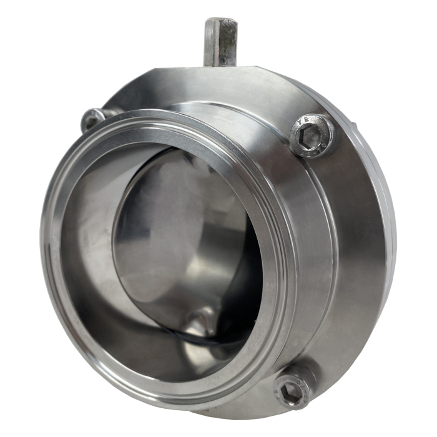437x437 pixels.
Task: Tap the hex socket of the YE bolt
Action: click(x=310, y=135)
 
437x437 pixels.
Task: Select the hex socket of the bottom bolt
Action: click(x=292, y=390)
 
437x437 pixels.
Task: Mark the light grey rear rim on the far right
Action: click(x=391, y=219)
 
